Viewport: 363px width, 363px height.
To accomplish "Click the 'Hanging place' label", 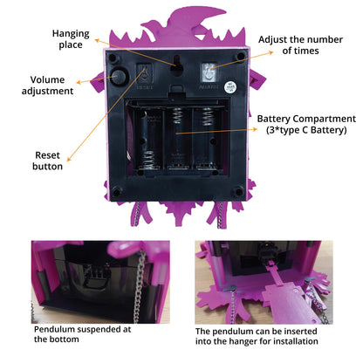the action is pyautogui.click(x=71, y=39).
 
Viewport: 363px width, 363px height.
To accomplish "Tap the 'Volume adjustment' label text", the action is pyautogui.click(x=47, y=86).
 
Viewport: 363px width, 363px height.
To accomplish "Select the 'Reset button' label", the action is pyautogui.click(x=47, y=161).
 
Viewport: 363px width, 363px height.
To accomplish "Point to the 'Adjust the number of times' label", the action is pyautogui.click(x=300, y=45).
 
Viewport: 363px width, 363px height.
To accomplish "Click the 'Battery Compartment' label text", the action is pyautogui.click(x=306, y=119).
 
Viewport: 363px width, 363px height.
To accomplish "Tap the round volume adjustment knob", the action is pyautogui.click(x=119, y=76).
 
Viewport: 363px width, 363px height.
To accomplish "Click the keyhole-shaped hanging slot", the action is pyautogui.click(x=176, y=65).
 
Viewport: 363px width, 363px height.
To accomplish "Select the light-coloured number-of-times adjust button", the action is pyautogui.click(x=209, y=72).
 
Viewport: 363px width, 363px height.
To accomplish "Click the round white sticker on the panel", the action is pyautogui.click(x=229, y=87).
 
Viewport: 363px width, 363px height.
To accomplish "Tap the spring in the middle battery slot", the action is pyautogui.click(x=177, y=116).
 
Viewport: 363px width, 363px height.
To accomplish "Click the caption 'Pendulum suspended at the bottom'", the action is pyautogui.click(x=82, y=334).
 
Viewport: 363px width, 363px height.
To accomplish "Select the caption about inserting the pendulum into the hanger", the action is pyautogui.click(x=257, y=336).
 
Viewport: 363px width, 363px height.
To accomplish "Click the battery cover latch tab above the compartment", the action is pyautogui.click(x=176, y=91).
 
